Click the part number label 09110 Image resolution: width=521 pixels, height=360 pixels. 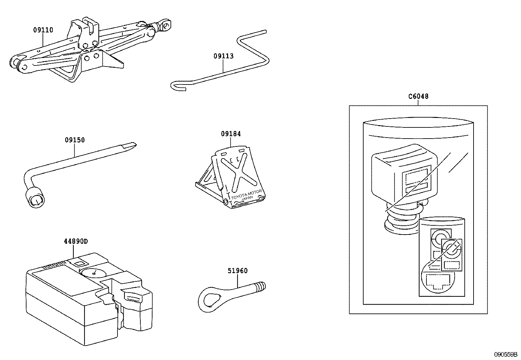click(x=43, y=30)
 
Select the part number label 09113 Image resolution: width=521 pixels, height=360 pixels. click(x=224, y=56)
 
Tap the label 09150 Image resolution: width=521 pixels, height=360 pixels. click(x=75, y=140)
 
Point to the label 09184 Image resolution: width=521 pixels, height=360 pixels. click(x=231, y=134)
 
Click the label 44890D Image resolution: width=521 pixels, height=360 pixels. click(x=76, y=241)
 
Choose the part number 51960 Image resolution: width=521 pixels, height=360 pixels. click(x=238, y=271)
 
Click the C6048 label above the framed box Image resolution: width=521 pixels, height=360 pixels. click(x=418, y=96)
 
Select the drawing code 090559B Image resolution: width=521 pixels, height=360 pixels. click(x=506, y=354)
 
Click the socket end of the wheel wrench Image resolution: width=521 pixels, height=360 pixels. click(x=35, y=198)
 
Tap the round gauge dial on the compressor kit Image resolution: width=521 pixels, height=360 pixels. click(x=94, y=272)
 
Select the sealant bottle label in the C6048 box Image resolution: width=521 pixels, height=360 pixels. click(x=442, y=259)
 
